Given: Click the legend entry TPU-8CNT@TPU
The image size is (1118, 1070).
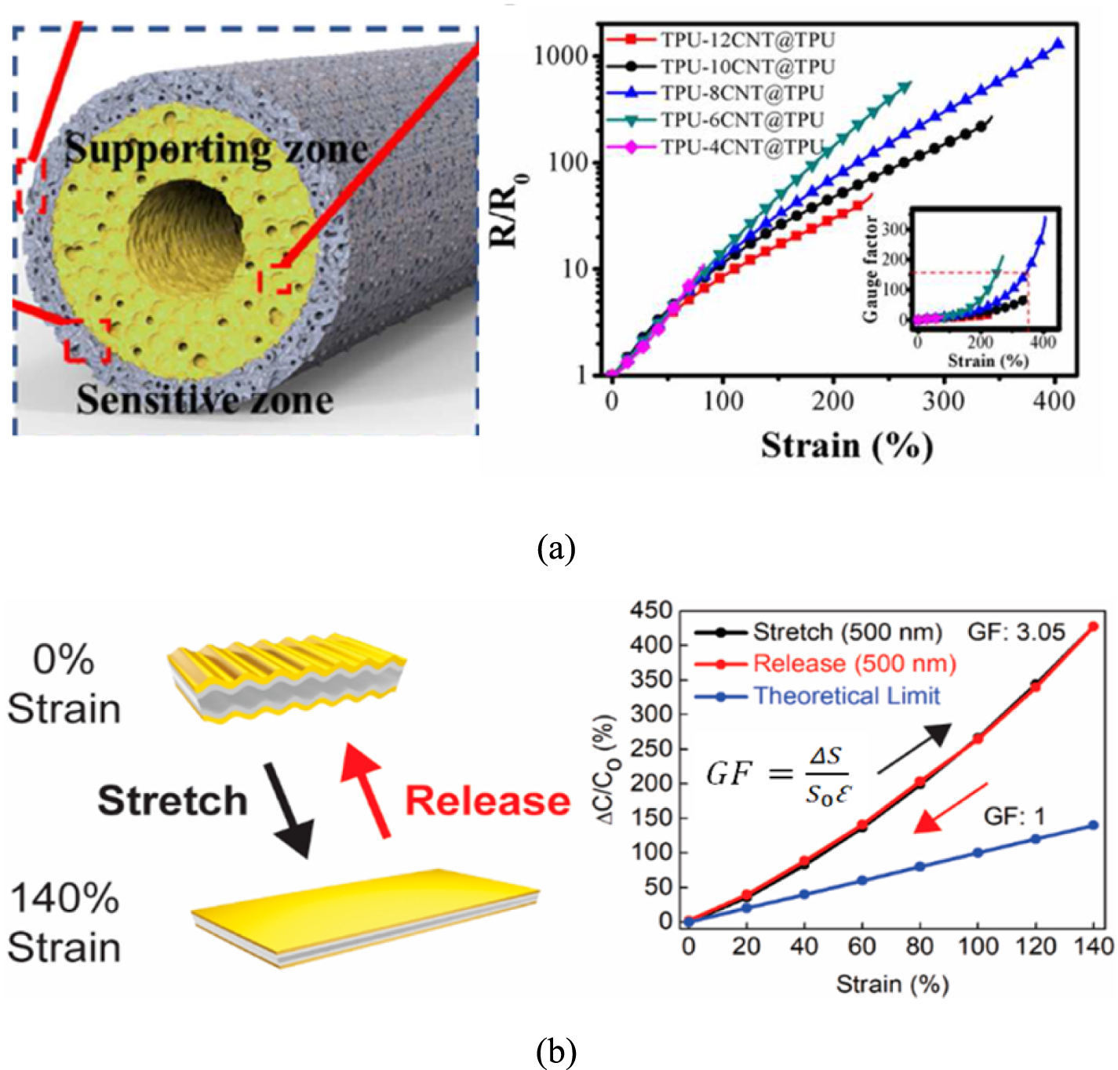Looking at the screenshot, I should pyautogui.click(x=741, y=93).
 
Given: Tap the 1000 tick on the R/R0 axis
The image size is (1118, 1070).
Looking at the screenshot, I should pyautogui.click(x=560, y=56).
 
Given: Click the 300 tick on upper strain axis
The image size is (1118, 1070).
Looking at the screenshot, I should pyautogui.click(x=943, y=402).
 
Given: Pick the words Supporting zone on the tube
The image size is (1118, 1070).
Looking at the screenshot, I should pyautogui.click(x=217, y=149).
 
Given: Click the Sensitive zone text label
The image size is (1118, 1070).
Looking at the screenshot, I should pyautogui.click(x=205, y=399).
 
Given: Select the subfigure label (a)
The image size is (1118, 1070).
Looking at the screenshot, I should pyautogui.click(x=556, y=548).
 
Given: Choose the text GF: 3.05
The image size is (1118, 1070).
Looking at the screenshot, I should pyautogui.click(x=1015, y=632).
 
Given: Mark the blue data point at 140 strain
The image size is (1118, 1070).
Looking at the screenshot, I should pyautogui.click(x=1093, y=825).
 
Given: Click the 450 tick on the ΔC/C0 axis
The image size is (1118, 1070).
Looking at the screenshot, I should pyautogui.click(x=651, y=610).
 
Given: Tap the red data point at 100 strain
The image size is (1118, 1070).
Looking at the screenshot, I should pyautogui.click(x=978, y=738).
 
